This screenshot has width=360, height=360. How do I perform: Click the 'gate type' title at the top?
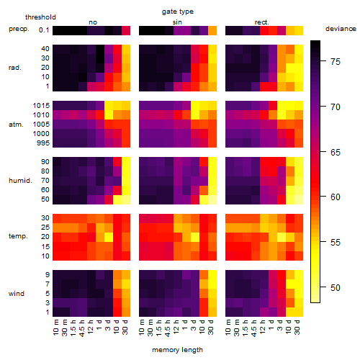click(178, 12)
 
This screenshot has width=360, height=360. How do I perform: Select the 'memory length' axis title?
click(177, 350)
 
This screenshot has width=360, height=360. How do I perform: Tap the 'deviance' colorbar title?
click(341, 29)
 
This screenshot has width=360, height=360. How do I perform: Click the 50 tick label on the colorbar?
click(336, 287)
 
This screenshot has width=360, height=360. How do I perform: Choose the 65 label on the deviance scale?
click(336, 152)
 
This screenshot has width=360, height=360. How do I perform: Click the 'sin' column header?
click(177, 22)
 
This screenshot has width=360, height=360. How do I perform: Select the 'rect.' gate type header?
click(262, 22)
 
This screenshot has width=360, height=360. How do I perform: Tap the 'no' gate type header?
click(93, 22)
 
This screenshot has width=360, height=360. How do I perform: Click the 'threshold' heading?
click(40, 17)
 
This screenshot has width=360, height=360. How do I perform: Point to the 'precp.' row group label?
click(19, 29)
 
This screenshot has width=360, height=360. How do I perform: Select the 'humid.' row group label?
click(20, 181)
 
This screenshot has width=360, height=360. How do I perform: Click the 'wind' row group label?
click(17, 294)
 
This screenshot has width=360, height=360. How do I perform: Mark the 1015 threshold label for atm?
click(41, 106)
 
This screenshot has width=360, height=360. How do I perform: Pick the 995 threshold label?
click(43, 143)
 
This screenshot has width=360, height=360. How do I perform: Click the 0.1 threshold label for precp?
click(44, 30)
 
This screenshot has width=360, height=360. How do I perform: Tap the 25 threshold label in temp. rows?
click(45, 227)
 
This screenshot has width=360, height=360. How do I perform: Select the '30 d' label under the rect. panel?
click(297, 327)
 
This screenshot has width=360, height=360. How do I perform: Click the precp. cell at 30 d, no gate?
click(126, 30)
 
